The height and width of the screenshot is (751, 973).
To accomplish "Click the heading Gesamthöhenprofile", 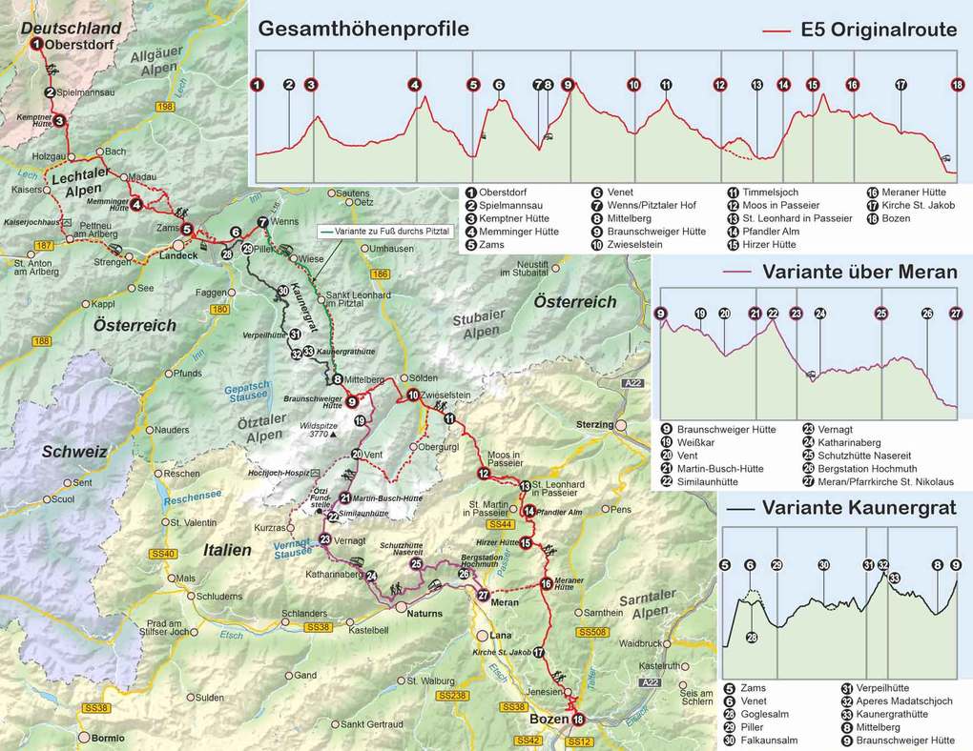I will click(x=363, y=29).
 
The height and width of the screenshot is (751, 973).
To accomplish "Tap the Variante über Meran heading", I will click(x=859, y=273).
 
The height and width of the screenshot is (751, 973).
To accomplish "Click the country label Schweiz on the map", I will click(x=72, y=452).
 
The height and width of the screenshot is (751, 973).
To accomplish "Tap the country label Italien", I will click(x=226, y=550).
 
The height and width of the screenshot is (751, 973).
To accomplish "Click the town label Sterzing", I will click(x=594, y=424).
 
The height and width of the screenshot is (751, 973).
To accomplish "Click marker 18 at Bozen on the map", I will click(x=577, y=720).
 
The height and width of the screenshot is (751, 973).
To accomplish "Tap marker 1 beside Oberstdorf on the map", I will click(x=35, y=44).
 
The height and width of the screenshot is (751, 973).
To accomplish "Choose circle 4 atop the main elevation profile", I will click(x=414, y=85).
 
